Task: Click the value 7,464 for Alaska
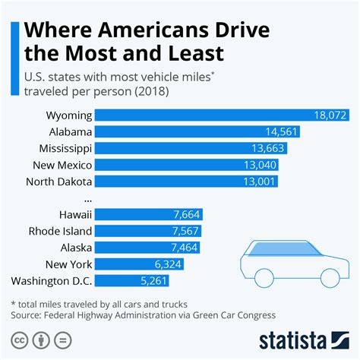(185, 248)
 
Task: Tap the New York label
(71, 264)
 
